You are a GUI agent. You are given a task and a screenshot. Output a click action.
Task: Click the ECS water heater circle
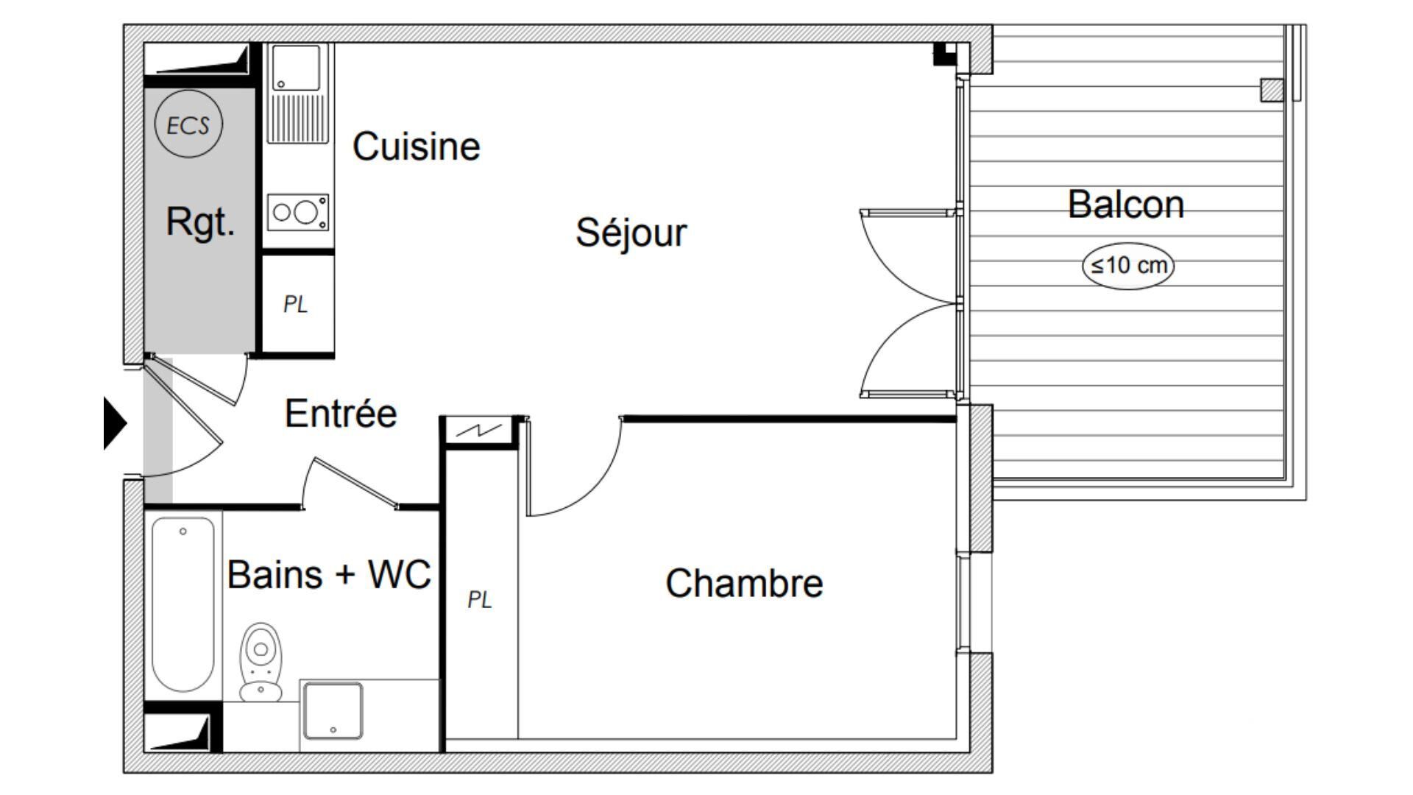[188, 124]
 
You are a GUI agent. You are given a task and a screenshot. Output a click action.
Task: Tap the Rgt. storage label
[200, 221]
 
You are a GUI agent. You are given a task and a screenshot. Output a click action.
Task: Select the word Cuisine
[417, 146]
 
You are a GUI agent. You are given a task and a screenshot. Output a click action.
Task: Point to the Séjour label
[631, 233]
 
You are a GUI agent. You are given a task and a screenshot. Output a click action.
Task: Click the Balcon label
[1126, 204]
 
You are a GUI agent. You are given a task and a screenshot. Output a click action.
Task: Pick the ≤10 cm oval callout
[1128, 265]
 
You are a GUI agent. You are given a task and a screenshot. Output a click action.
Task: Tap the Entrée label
[341, 413]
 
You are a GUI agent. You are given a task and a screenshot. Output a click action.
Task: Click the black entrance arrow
[115, 423]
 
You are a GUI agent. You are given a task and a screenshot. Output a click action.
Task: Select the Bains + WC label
[329, 574]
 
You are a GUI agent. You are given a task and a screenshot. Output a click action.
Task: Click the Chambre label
[744, 583]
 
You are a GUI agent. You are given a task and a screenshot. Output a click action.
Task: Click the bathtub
[183, 604]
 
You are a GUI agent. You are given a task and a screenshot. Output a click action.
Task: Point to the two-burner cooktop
[297, 212]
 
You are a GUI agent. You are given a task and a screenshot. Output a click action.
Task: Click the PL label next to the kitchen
[295, 304]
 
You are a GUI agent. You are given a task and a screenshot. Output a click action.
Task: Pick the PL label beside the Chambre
[479, 600]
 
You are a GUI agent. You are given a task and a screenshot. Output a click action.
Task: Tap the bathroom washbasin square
[333, 710]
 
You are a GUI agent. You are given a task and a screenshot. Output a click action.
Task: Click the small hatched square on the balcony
[1272, 90]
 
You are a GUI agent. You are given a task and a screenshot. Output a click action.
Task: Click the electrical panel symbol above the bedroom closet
[479, 431]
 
